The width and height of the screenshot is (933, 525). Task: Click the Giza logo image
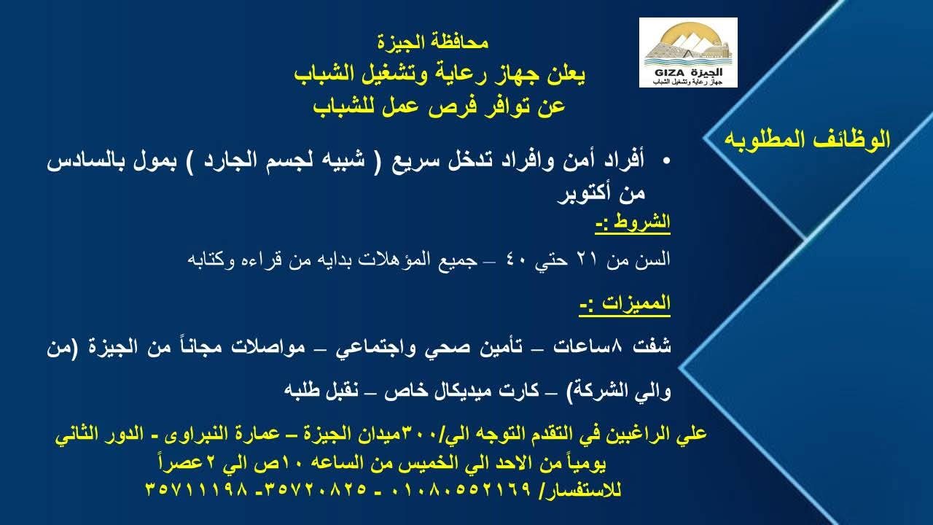pos(688,52)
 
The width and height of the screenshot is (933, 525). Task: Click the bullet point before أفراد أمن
pos(665,160)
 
